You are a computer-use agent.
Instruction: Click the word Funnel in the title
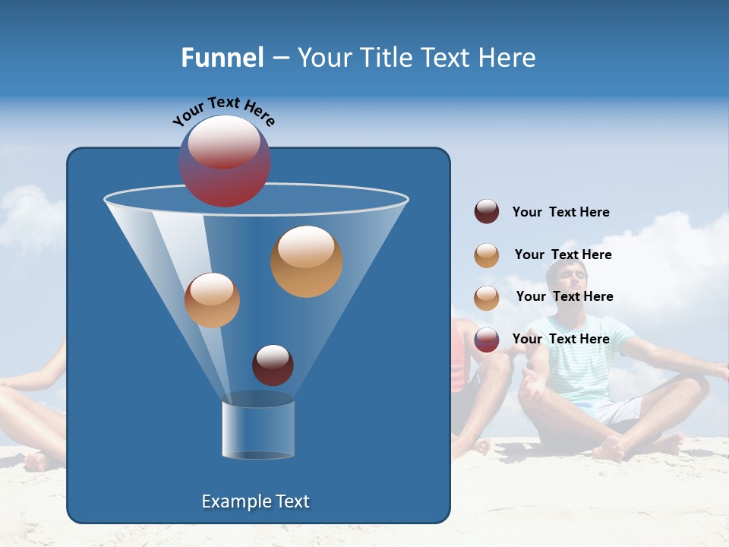point(222,58)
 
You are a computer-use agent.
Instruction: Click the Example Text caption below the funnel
point(255,501)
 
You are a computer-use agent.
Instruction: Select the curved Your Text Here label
point(223,111)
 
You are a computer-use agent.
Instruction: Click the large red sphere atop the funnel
point(224,161)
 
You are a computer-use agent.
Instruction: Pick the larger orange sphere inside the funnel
point(306,261)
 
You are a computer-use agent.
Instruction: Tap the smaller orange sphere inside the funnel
point(212,300)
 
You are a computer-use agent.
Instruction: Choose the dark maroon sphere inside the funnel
point(273,365)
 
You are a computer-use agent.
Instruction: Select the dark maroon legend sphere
point(487,211)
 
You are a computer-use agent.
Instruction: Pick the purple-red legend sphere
point(487,340)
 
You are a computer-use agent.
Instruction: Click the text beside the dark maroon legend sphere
point(560,212)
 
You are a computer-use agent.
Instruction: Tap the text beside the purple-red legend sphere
point(560,339)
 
